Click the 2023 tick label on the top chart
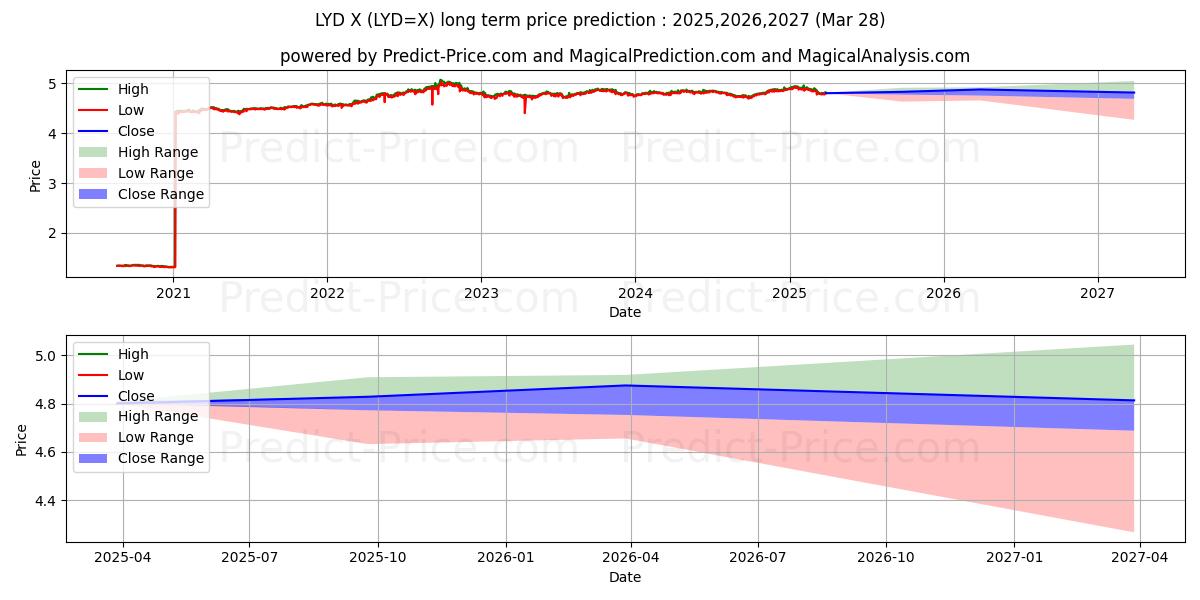tap(481, 292)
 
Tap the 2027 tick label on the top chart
tap(1098, 292)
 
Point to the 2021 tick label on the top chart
tap(173, 292)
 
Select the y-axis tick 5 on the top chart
tap(52, 84)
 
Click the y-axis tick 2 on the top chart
tap(52, 234)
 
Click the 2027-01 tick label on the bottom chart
tap(1014, 558)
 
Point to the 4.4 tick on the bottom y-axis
tap(41, 501)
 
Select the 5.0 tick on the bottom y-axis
tap(41, 356)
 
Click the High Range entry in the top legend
tap(158, 152)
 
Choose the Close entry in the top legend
tap(136, 131)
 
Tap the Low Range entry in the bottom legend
tap(156, 438)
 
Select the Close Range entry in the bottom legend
tap(161, 459)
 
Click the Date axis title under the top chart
tap(625, 312)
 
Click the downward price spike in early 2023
tap(525, 106)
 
